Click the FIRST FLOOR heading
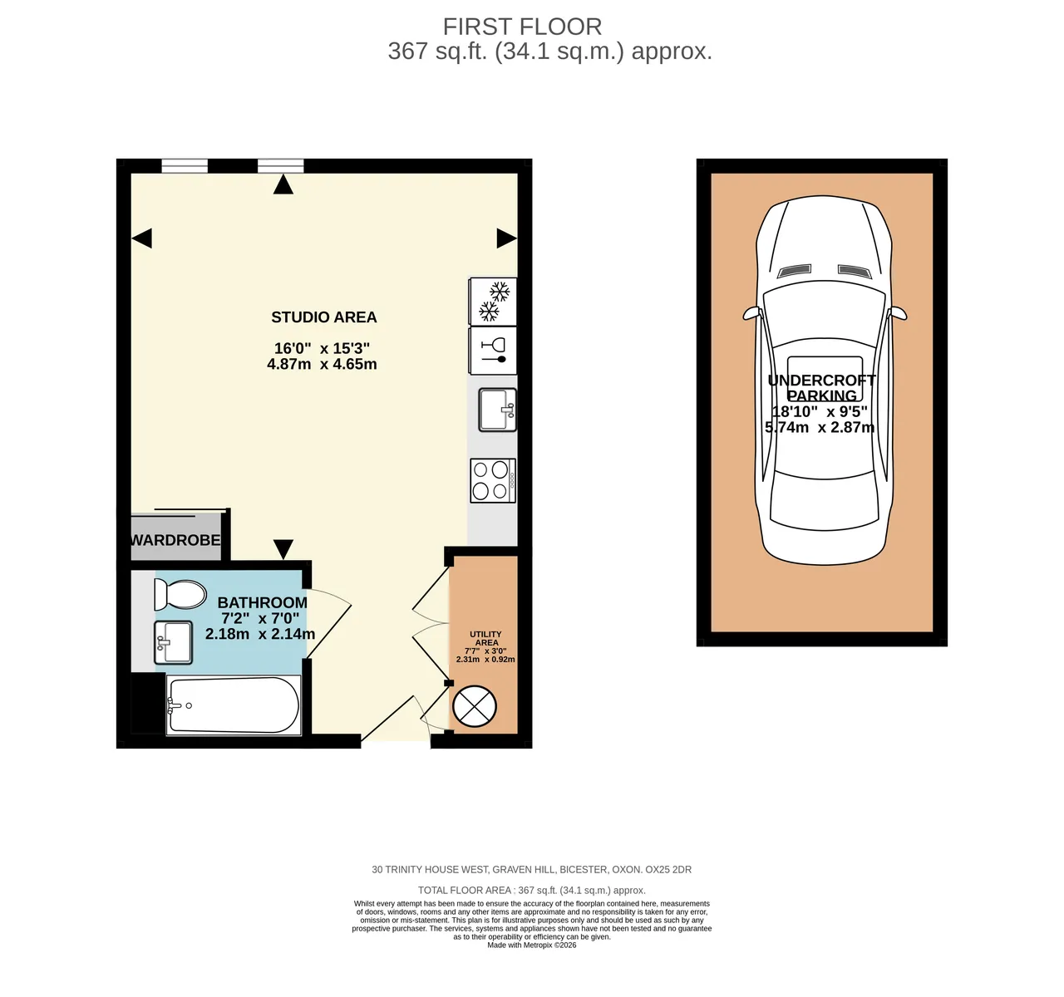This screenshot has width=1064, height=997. pos(522,27)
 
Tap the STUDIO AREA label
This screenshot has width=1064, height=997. pos(323,317)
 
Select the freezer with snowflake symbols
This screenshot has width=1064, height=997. pos(493,301)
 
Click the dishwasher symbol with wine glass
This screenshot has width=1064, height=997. pos(493,351)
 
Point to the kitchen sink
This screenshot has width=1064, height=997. pos(498,410)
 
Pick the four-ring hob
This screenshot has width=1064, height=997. pos(493,480)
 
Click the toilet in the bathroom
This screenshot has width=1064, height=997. pos(180,595)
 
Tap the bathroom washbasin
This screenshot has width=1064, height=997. pos(173,642)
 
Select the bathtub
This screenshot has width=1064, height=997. pos(234,705)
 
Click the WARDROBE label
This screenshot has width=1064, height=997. pos(175,540)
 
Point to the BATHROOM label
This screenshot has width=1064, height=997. pos(262,602)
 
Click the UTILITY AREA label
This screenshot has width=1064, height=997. pos(486,638)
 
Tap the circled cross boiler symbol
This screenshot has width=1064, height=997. pos(475,706)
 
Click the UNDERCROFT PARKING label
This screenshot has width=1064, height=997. pos(822,388)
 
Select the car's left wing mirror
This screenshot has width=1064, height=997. pos(751,313)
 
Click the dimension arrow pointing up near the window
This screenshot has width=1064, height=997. pos(283,184)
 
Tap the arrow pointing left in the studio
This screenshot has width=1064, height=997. pos(142,238)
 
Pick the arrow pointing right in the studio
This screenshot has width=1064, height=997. pos(507,238)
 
